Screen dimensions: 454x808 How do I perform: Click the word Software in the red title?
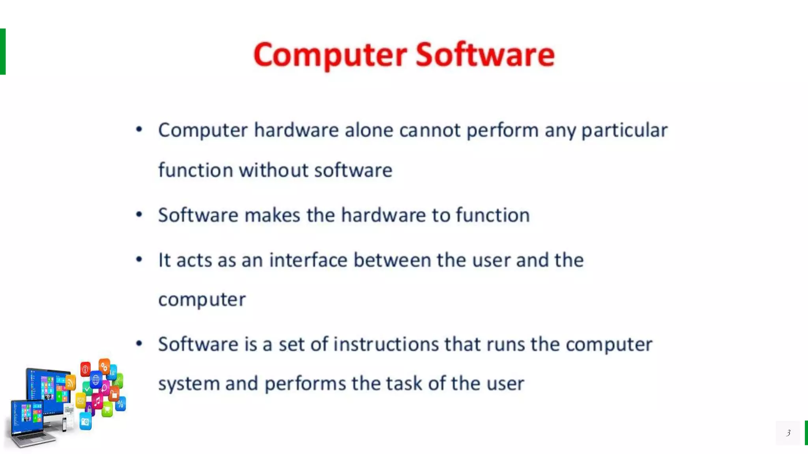485,55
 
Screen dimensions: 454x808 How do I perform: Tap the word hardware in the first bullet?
296,130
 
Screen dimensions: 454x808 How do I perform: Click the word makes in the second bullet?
272,215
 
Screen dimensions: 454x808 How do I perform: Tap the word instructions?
386,344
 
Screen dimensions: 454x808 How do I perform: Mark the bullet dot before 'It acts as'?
139,259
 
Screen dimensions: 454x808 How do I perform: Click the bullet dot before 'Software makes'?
139,215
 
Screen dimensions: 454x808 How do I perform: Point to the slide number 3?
788,433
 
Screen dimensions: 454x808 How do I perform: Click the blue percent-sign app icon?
120,404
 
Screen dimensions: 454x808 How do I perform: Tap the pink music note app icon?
97,402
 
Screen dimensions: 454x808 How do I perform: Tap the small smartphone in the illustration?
64,424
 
